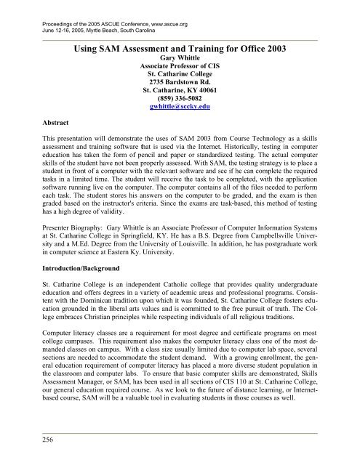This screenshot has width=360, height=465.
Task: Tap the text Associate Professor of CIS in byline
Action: click(180, 72)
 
